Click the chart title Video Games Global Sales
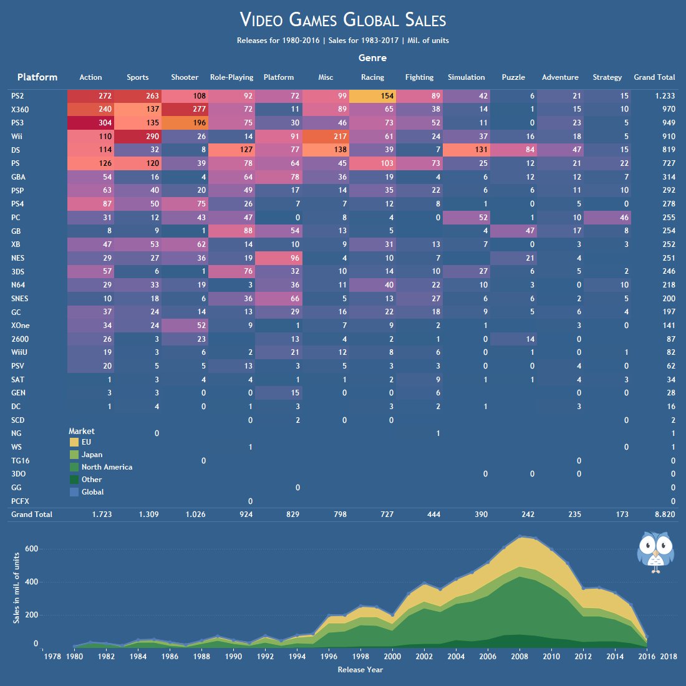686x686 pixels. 343,20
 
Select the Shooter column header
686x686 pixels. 185,77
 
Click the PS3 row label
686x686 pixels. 17,123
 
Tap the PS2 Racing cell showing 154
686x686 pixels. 372,96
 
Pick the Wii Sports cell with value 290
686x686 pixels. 137,137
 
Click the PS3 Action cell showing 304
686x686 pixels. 90,123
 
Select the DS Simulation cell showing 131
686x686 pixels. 466,150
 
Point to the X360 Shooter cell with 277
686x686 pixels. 185,110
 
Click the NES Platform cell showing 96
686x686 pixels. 279,258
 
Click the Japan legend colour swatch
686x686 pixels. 74,455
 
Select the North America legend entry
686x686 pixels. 107,467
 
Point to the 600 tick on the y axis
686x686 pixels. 31,549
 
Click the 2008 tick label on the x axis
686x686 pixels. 519,657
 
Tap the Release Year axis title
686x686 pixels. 360,670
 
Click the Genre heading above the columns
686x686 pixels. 372,58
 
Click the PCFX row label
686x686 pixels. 20,501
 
